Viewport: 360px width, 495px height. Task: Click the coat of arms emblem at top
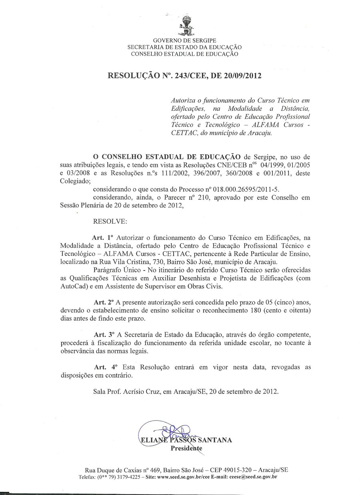pos(184,25)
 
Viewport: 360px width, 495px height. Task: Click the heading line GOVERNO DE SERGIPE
pos(184,40)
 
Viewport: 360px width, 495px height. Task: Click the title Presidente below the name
pos(186,448)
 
